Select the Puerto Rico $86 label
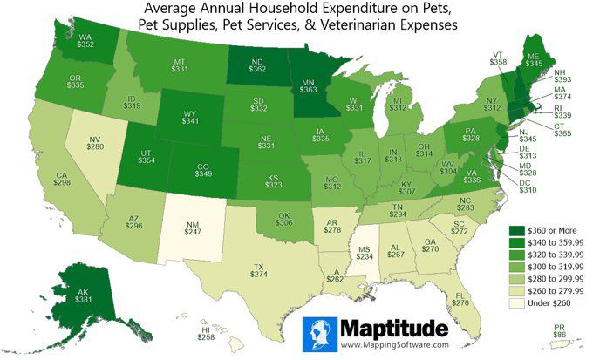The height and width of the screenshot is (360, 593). pyautogui.click(x=562, y=332)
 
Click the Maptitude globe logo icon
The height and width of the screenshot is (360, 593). pyautogui.click(x=320, y=333)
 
